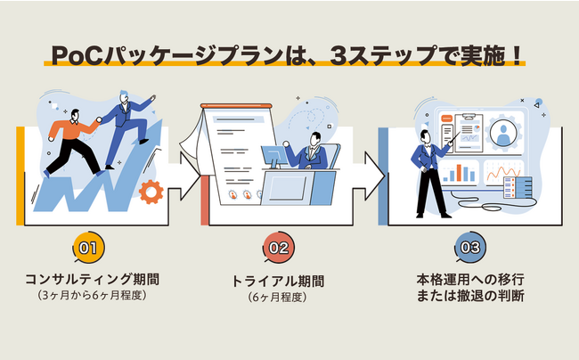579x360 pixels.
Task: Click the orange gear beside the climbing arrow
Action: (x=151, y=190)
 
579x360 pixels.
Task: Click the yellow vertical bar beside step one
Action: (x=20, y=175)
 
